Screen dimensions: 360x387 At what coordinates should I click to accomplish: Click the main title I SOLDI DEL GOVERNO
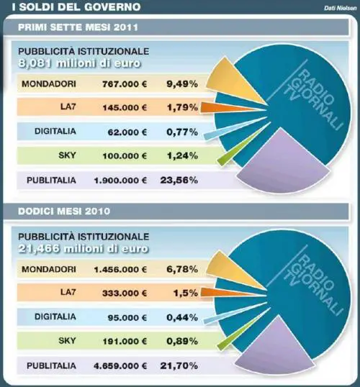76,6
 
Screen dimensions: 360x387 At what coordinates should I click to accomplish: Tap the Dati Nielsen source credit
341,8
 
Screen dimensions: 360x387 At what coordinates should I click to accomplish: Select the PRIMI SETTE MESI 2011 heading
78,27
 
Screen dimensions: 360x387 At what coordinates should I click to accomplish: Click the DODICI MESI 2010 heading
64,211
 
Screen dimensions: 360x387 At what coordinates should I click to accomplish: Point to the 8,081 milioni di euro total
79,63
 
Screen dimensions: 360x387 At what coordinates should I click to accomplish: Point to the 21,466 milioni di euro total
84,249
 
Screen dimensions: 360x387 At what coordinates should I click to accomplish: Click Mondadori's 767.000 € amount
125,84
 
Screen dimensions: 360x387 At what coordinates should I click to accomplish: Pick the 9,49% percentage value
182,84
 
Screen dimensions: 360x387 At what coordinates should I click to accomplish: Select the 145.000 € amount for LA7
125,108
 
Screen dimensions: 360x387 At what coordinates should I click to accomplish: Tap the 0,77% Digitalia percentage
182,132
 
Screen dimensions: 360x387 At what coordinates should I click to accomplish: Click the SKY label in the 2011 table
67,155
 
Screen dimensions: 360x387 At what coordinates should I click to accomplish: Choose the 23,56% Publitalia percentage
179,180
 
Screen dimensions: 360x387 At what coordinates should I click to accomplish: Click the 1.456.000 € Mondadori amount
120,269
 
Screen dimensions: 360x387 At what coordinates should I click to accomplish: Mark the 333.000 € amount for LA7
125,293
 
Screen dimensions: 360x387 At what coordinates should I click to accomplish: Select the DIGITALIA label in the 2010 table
55,317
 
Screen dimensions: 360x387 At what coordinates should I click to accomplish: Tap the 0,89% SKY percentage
182,342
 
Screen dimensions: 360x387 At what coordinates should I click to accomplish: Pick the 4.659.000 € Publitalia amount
120,365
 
